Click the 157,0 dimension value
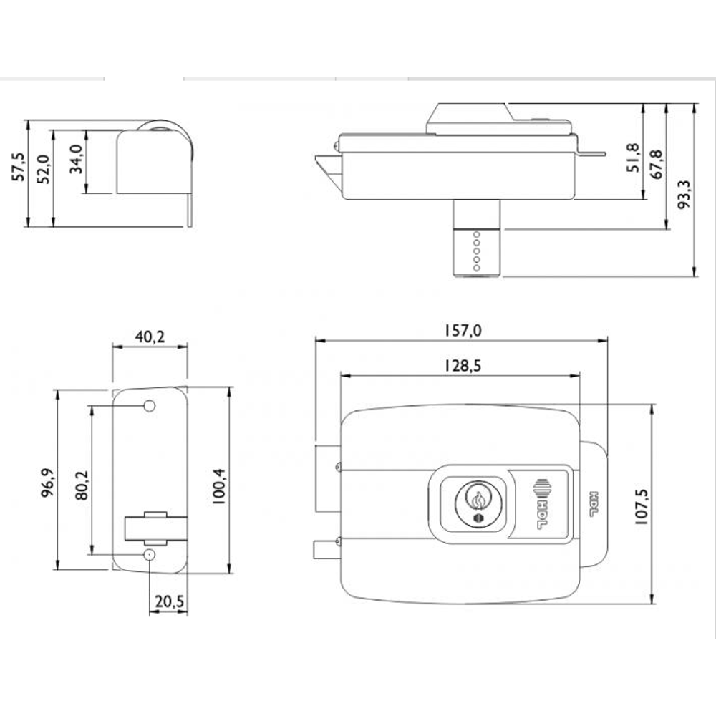pyautogui.click(x=463, y=330)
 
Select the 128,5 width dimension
pyautogui.click(x=462, y=366)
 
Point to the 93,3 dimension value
pyautogui.click(x=684, y=194)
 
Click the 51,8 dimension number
pyautogui.click(x=633, y=158)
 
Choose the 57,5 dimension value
pyautogui.click(x=19, y=167)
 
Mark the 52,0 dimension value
pyautogui.click(x=43, y=170)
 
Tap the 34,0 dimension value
pyautogui.click(x=76, y=159)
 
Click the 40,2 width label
pyautogui.click(x=150, y=337)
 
